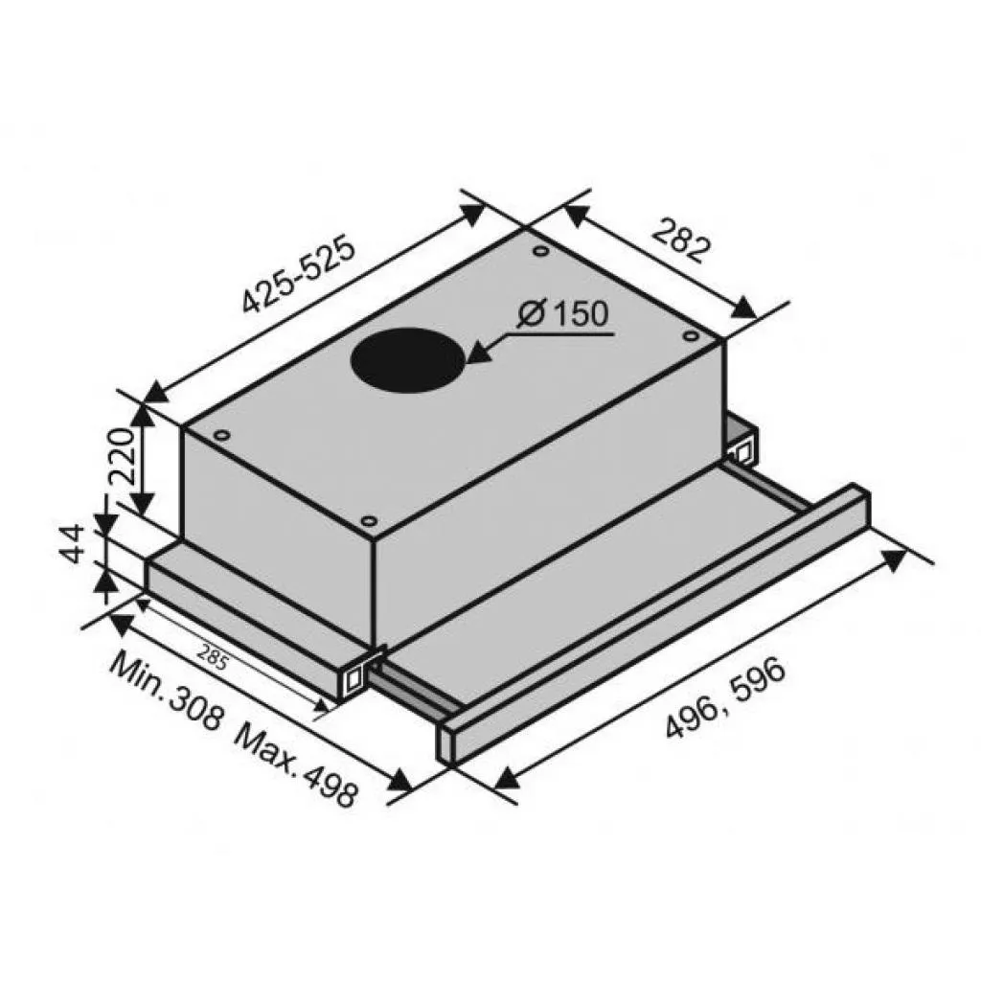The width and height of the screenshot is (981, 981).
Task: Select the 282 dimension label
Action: point(681,240)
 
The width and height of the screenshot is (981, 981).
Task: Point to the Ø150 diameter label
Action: point(562,313)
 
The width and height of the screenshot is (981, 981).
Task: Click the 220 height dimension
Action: point(124,457)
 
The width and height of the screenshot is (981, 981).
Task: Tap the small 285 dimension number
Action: point(213,657)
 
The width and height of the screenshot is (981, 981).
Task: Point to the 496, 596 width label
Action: point(724,697)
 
